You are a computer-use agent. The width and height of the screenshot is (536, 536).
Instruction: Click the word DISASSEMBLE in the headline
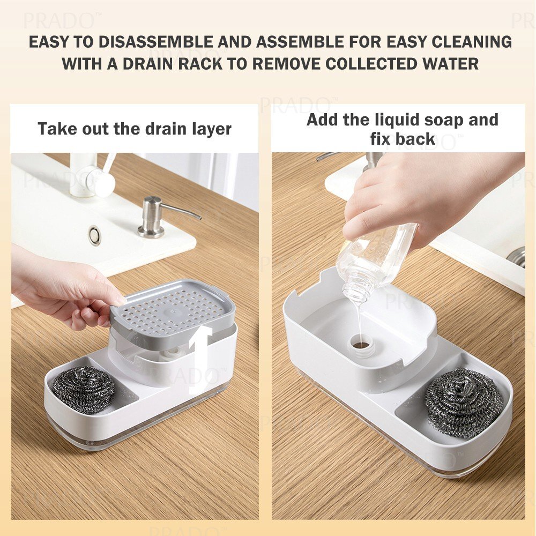(x=156, y=42)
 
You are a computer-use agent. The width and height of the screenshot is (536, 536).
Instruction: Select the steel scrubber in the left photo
(x=84, y=388)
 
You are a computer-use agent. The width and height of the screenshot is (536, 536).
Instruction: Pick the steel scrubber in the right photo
(x=464, y=403)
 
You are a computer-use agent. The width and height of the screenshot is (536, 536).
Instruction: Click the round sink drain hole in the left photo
(x=95, y=235)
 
